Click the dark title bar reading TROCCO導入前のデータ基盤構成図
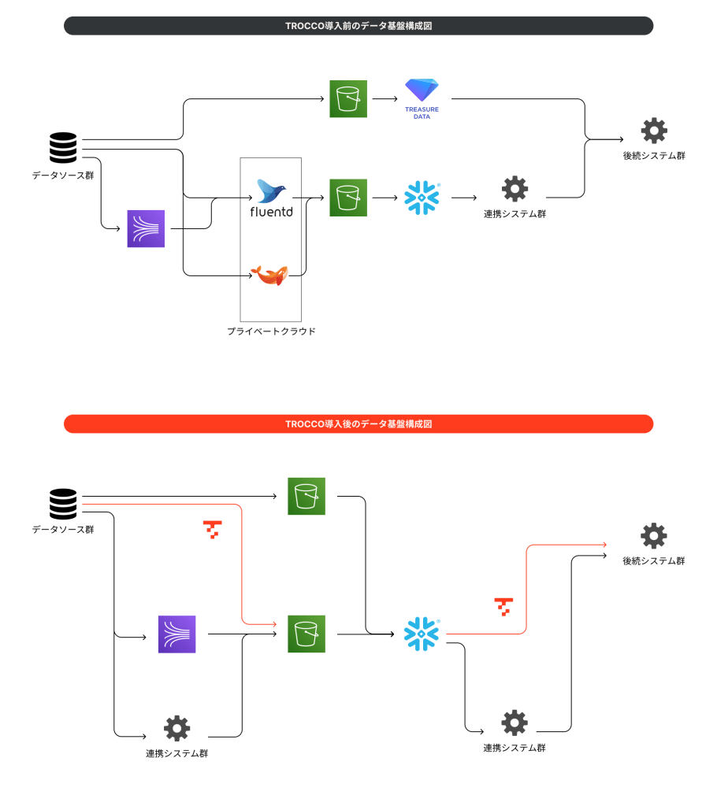[x=358, y=26]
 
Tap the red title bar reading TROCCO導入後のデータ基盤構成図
[x=358, y=423]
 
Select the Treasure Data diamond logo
[x=422, y=92]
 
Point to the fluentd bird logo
[x=272, y=190]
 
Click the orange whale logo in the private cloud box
[x=269, y=275]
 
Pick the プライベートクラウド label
[x=271, y=331]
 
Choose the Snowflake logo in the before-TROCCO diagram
[x=422, y=198]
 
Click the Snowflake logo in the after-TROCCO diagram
[x=422, y=634]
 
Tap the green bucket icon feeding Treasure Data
[x=348, y=99]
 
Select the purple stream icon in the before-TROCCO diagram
[x=146, y=229]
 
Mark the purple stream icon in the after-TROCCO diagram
[x=176, y=634]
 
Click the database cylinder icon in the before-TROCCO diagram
[x=63, y=148]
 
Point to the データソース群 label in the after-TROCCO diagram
[x=63, y=529]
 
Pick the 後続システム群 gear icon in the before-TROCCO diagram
[x=654, y=131]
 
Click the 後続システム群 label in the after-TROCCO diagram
[x=654, y=560]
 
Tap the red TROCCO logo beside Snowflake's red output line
[x=503, y=606]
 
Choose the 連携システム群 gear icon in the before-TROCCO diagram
[x=515, y=189]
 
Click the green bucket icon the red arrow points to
[x=306, y=634]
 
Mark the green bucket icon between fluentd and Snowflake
[x=348, y=198]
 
